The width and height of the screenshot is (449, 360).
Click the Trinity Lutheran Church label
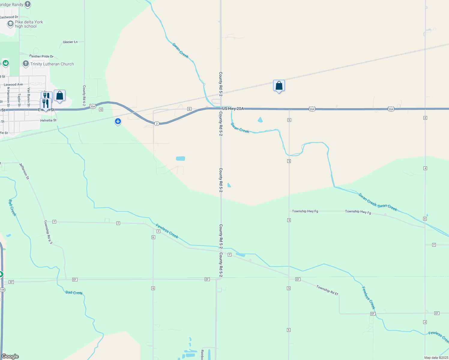[52, 64]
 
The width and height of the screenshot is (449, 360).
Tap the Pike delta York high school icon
[11, 24]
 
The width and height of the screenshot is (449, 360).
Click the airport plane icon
[118, 121]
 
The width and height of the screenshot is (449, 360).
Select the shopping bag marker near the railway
[279, 86]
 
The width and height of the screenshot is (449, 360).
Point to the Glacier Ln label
[70, 42]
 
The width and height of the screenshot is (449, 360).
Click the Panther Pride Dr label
[41, 56]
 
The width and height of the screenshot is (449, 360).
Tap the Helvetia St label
[48, 120]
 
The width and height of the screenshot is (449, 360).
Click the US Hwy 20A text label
[233, 109]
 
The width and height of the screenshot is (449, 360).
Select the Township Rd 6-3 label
[48, 232]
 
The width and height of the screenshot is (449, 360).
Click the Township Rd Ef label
[327, 290]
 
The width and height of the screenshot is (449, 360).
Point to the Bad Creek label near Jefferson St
[12, 208]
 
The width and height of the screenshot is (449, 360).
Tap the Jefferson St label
[24, 171]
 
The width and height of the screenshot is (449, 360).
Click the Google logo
[10, 356]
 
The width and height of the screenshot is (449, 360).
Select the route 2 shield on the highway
[157, 124]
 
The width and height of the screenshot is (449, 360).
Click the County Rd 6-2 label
[84, 96]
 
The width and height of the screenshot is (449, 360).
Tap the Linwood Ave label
[13, 85]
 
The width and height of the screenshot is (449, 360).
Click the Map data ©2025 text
[436, 358]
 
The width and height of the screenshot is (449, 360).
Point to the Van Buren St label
[29, 97]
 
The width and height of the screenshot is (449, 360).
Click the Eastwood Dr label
[9, 17]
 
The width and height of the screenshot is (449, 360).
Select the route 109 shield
[2, 290]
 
